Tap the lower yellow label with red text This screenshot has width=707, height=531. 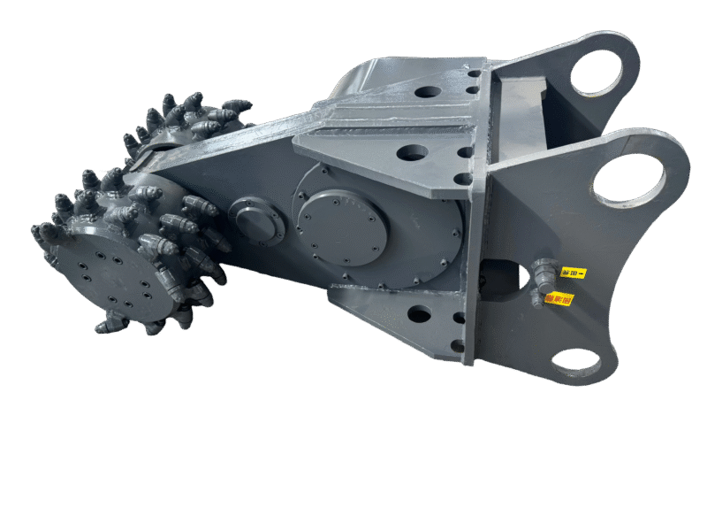coord(559,299)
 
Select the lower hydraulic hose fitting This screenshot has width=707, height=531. coord(537,297)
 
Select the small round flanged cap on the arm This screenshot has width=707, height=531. coord(256,221)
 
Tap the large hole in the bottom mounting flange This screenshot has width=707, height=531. coord(419,313)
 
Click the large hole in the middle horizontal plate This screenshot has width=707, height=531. coord(412,153)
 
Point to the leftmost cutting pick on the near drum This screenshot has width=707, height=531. coord(40,233)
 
